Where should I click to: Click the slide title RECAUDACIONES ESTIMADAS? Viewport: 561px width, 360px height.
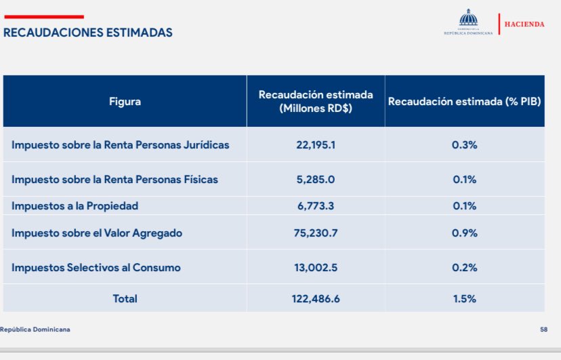[x=88, y=32]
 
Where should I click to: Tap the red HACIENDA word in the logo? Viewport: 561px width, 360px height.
[x=524, y=24]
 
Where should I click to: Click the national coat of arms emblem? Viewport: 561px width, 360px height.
[x=467, y=18]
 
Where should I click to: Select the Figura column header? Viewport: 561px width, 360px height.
[x=125, y=102]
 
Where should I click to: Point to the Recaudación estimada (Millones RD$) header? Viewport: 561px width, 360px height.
[x=316, y=102]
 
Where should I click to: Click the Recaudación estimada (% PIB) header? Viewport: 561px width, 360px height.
[x=464, y=102]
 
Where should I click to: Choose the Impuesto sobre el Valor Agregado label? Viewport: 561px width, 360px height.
[x=97, y=233]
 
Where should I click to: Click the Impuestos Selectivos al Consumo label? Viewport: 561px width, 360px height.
[x=96, y=267]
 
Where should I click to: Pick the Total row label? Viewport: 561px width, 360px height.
[x=125, y=298]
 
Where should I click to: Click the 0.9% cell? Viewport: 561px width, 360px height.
[x=464, y=233]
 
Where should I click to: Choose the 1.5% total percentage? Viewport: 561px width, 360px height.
[x=464, y=298]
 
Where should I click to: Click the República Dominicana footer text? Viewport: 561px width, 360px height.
[x=35, y=329]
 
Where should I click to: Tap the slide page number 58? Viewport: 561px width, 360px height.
[x=543, y=329]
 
